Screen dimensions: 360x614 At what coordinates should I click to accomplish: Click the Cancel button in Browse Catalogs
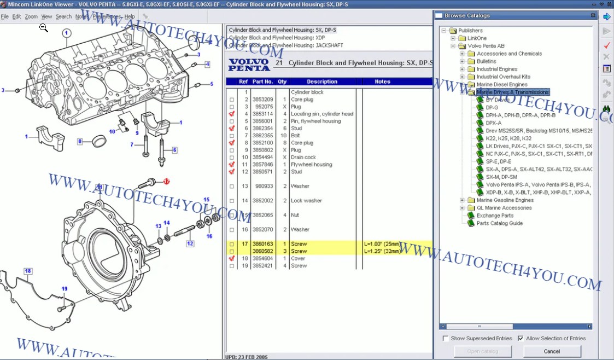[x=552, y=351]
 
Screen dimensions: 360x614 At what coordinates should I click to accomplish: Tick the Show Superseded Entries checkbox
[x=446, y=339]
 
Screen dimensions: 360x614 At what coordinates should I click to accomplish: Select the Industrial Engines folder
[x=496, y=69]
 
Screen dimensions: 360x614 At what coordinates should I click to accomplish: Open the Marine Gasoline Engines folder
[x=505, y=200]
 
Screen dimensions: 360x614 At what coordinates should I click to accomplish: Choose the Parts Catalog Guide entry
[x=499, y=223]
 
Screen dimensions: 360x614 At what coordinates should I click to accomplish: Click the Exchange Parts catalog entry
[x=495, y=216]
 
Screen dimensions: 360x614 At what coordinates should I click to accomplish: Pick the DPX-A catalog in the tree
[x=493, y=123]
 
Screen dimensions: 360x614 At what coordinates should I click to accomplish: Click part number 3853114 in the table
[x=262, y=114]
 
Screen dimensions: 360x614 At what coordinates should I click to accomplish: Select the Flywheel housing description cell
[x=311, y=165]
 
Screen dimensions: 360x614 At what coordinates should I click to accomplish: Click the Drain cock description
[x=303, y=157]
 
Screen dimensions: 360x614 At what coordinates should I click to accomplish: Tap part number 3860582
[x=262, y=251]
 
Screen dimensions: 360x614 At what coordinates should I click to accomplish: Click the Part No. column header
[x=262, y=82]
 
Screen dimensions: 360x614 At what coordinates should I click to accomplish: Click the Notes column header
[x=382, y=82]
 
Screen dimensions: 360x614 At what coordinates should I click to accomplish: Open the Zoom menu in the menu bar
[x=31, y=16]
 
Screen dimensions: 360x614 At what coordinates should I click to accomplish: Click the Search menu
[x=63, y=16]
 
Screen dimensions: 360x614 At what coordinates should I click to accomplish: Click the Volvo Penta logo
[x=249, y=64]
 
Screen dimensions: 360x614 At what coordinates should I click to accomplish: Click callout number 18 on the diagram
[x=28, y=271]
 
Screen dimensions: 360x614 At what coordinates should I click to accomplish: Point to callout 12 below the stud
[x=190, y=243]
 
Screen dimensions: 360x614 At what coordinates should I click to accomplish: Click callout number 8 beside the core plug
[x=80, y=141]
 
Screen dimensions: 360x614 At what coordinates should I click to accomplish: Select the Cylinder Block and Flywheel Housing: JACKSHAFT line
[x=286, y=45]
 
